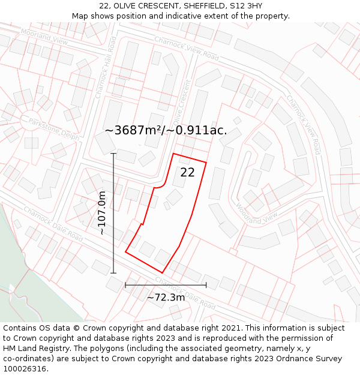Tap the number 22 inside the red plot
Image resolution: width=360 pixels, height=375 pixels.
pyautogui.click(x=187, y=172)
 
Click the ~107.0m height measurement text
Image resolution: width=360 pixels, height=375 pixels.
pyautogui.click(x=102, y=213)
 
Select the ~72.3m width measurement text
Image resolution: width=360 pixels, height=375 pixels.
pyautogui.click(x=166, y=297)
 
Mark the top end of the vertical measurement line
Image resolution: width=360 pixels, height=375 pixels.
pyautogui.click(x=113, y=154)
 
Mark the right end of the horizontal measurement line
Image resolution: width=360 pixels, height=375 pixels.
pyautogui.click(x=206, y=285)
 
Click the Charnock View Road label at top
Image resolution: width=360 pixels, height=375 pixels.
pyautogui.click(x=187, y=48)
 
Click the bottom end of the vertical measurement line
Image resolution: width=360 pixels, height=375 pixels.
pyautogui.click(x=113, y=273)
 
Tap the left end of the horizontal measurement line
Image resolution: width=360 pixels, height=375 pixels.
pyautogui.click(x=125, y=285)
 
